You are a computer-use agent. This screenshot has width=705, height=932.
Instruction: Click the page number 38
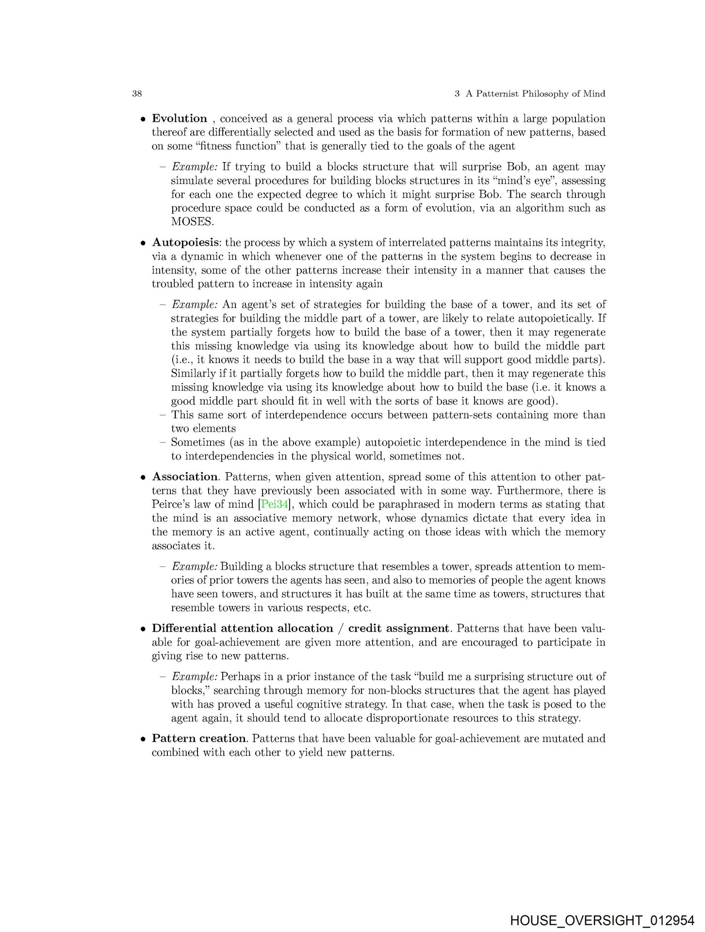pyautogui.click(x=137, y=94)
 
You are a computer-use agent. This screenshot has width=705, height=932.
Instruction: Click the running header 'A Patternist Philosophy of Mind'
pyautogui.click(x=535, y=94)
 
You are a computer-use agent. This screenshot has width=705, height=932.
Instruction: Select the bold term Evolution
pyautogui.click(x=180, y=118)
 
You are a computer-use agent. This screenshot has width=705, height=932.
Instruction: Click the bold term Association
pyautogui.click(x=185, y=477)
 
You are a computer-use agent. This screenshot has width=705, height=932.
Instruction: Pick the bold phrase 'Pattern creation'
pyautogui.click(x=199, y=738)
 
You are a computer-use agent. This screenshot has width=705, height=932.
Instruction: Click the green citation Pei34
pyautogui.click(x=275, y=504)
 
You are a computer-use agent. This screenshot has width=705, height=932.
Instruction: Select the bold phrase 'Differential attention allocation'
pyautogui.click(x=242, y=628)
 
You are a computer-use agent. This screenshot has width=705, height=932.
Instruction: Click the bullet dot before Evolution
pyautogui.click(x=143, y=119)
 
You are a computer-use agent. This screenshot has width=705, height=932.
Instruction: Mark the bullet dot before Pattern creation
pyautogui.click(x=143, y=739)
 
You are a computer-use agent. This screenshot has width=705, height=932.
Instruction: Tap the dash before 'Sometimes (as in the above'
pyautogui.click(x=163, y=442)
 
